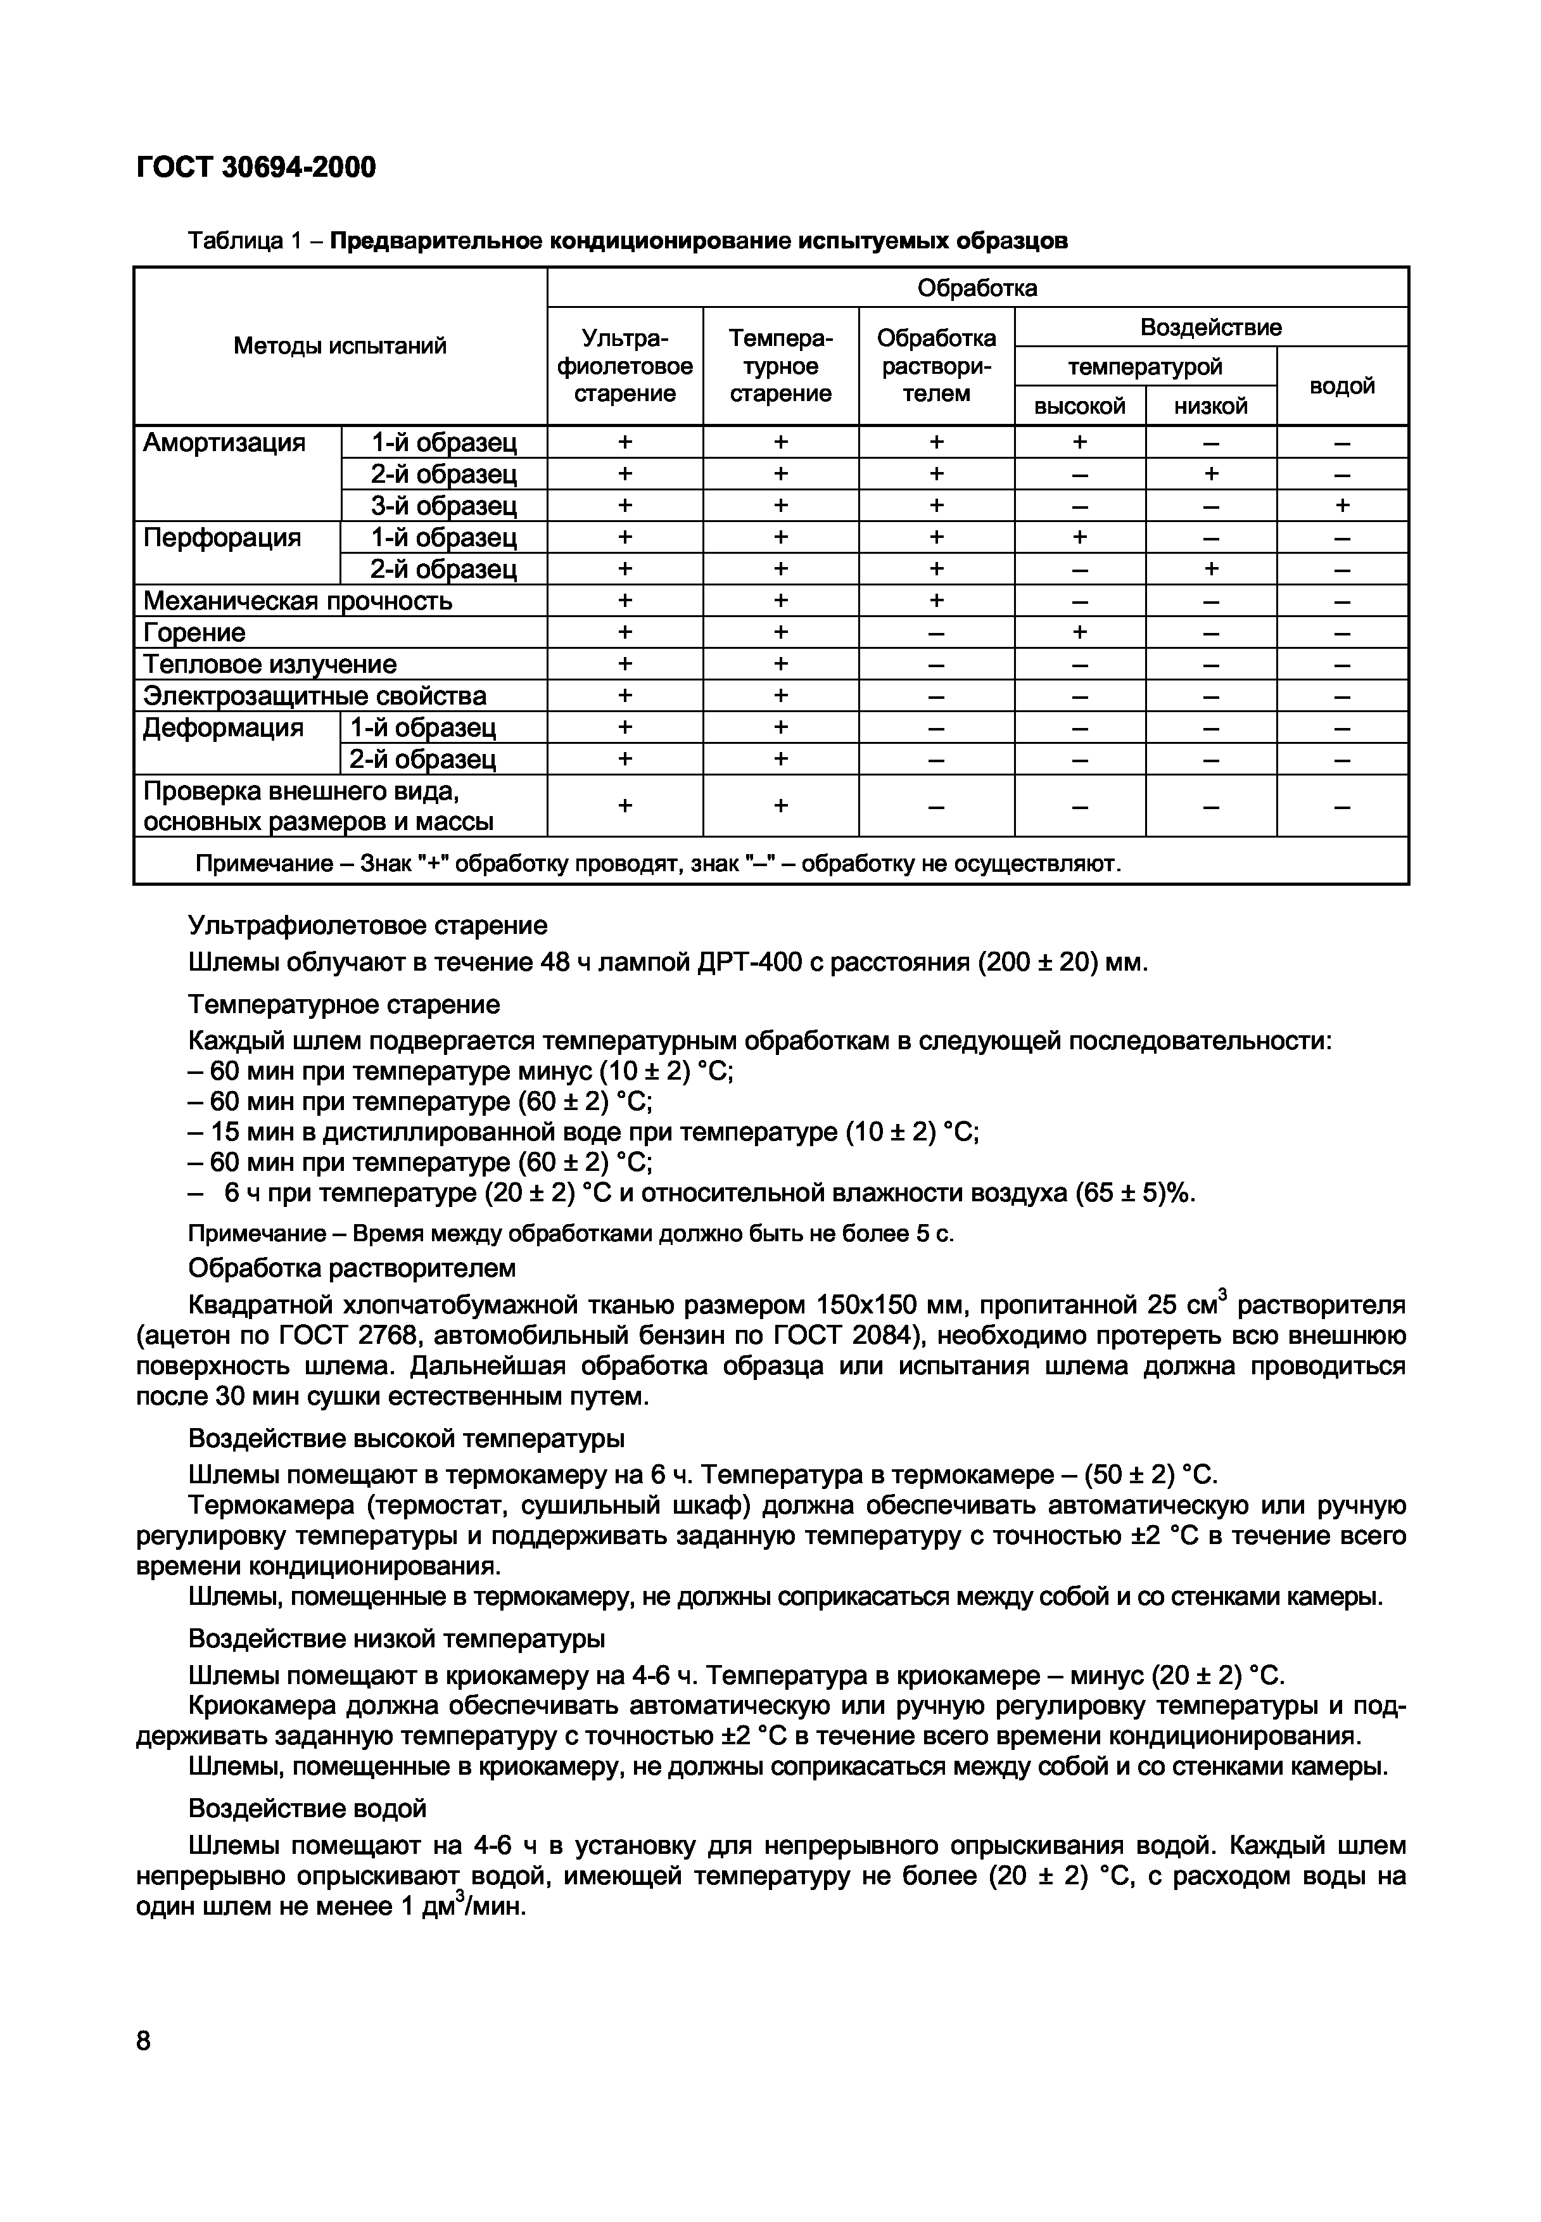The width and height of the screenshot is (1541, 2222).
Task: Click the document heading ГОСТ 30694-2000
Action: [x=256, y=168]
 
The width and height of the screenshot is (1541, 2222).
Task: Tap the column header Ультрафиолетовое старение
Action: [x=625, y=366]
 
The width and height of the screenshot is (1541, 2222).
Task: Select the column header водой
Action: [x=1342, y=386]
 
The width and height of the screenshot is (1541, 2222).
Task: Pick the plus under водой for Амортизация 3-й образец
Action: [x=1342, y=505]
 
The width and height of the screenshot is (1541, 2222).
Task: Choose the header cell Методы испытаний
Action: [x=340, y=346]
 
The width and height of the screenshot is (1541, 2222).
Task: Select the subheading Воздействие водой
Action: [x=307, y=1808]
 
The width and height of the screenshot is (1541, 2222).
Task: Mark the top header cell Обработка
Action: [x=977, y=288]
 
